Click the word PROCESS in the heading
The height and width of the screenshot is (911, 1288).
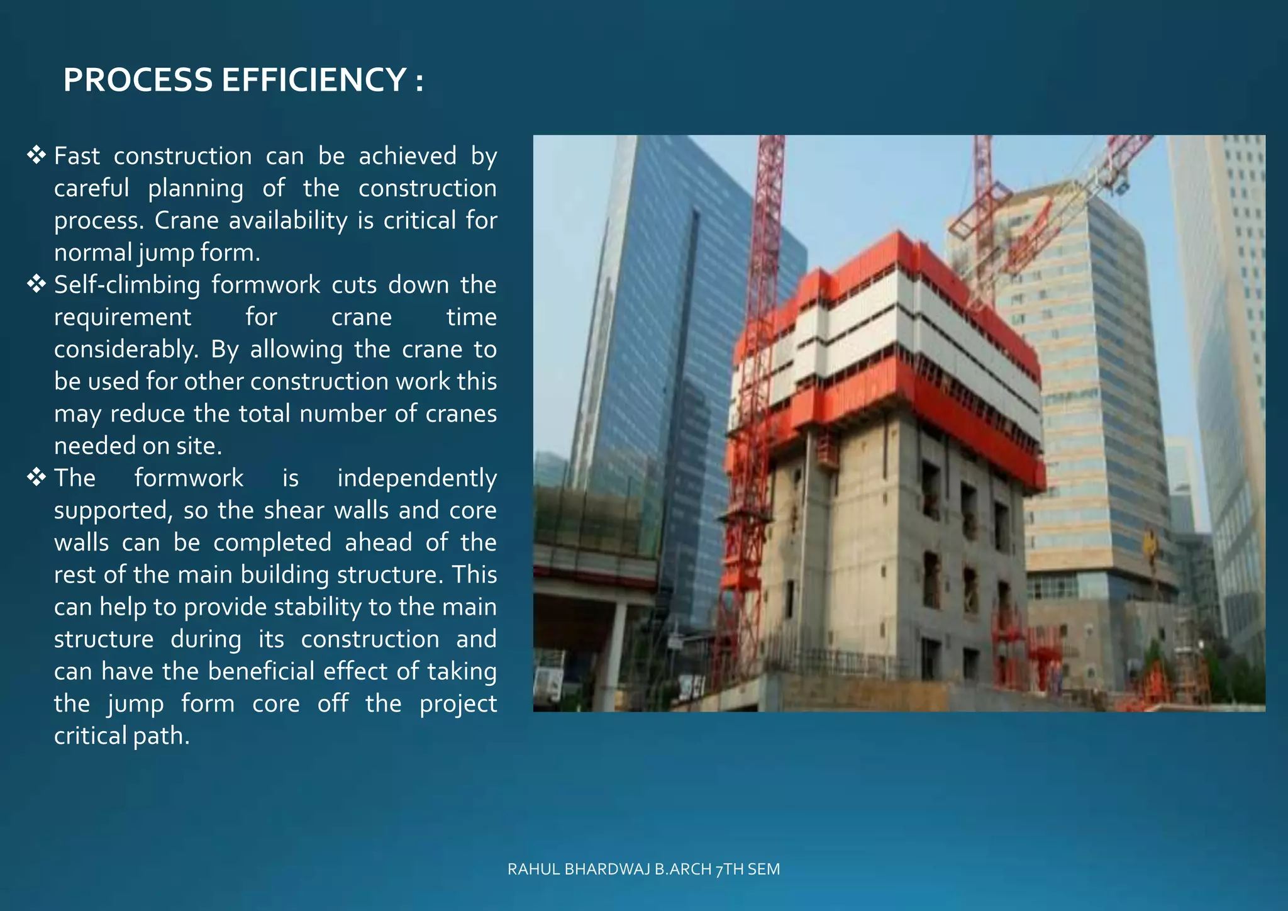(138, 81)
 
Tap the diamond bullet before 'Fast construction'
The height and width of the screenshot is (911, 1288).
(37, 155)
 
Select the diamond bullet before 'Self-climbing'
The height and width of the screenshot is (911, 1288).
(37, 284)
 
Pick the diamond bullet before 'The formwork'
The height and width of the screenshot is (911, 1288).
(37, 477)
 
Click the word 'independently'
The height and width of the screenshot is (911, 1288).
(416, 478)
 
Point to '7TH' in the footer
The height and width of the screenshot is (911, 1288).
(730, 869)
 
